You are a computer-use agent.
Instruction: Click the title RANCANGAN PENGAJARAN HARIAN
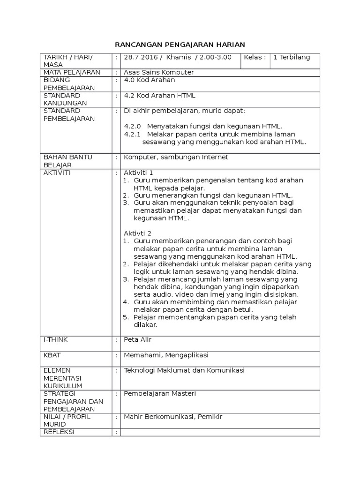(180, 45)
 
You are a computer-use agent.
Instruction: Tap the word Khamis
(179, 57)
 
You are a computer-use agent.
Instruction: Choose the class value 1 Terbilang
(292, 57)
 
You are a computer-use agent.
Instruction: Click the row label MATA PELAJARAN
(71, 72)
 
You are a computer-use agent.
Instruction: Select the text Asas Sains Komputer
(158, 72)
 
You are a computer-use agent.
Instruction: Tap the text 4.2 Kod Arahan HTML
(159, 96)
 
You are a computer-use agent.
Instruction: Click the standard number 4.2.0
(132, 126)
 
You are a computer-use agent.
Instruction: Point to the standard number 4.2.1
(132, 134)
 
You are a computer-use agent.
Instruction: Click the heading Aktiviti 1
(138, 172)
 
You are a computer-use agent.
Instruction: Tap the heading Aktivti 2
(137, 233)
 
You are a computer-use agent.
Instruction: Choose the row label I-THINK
(55, 339)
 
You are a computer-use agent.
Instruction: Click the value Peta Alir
(137, 339)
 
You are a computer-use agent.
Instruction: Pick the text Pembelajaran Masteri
(159, 393)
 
